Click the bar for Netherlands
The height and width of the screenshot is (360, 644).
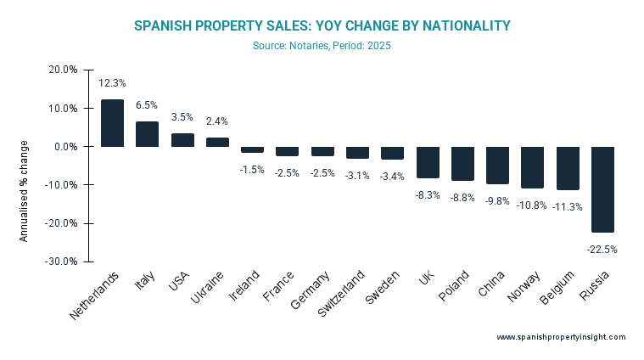coord(112,123)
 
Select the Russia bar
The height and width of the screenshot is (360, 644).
coord(602,189)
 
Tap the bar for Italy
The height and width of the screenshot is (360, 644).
coord(147,134)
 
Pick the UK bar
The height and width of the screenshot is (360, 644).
coord(428,162)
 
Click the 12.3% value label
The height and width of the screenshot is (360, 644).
coord(112,83)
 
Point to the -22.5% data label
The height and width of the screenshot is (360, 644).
coord(602,250)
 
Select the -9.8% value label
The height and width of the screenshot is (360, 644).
coord(497,201)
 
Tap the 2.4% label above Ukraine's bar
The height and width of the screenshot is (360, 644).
coord(217,121)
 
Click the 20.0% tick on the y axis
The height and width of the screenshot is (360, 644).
coord(64,70)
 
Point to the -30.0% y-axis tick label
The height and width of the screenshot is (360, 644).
coord(62,262)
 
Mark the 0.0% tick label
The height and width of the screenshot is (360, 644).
coord(66,147)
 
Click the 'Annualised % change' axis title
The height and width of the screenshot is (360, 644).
coord(25,191)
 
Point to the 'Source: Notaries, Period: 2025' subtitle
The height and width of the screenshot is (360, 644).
coord(322,46)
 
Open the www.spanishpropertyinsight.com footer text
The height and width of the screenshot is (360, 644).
coord(561,337)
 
